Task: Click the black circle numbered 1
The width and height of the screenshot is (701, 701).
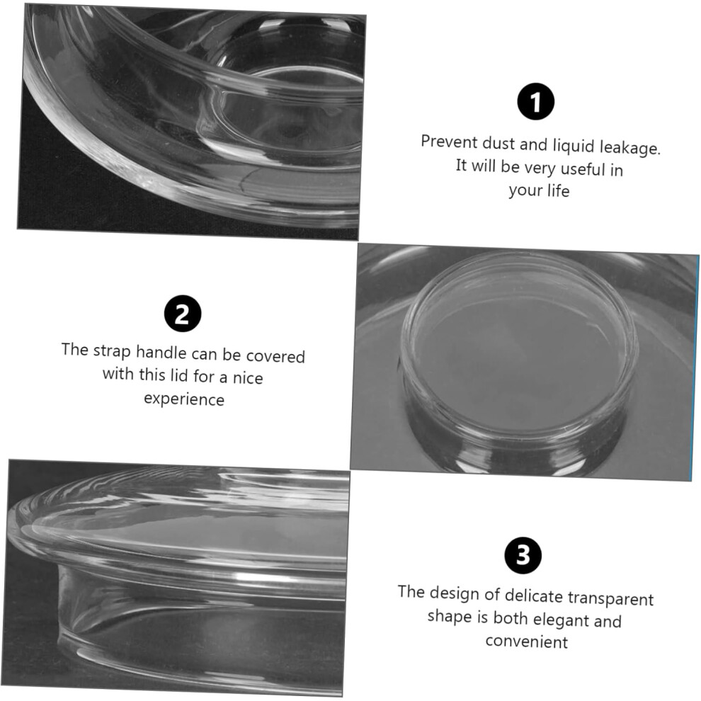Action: coord(535,101)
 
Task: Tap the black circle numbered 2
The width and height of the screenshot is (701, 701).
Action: coord(183,314)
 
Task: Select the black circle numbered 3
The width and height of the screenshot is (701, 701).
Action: coord(523,555)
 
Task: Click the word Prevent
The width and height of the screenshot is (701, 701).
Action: coord(450,142)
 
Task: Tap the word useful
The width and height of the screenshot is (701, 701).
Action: coord(583,169)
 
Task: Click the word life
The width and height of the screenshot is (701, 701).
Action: coord(558,190)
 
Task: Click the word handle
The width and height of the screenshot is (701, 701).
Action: coord(161,353)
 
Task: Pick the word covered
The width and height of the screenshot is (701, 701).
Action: coord(275,356)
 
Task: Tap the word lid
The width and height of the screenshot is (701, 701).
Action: coord(179,375)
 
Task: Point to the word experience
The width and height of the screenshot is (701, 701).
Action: coord(183,399)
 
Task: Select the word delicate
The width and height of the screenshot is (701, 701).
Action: coord(534,596)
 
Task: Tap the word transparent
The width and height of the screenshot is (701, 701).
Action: coord(610,599)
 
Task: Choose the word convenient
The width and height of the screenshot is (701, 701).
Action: coord(527,642)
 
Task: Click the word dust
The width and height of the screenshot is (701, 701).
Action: coord(498,144)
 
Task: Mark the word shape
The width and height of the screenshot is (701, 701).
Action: coord(450,617)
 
